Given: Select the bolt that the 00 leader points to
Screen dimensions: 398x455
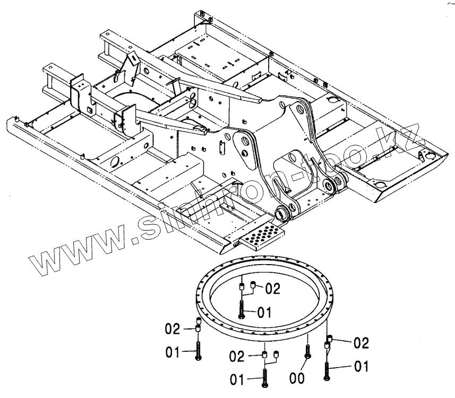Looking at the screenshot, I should [307, 351].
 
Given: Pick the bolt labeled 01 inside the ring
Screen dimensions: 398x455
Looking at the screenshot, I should [242, 309].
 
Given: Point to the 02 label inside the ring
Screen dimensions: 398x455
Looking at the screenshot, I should [272, 289].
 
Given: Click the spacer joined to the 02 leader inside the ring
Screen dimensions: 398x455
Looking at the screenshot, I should [253, 287].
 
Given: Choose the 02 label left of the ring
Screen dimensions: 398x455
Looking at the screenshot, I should [173, 329].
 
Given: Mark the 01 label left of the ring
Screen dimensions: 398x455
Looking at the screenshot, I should [173, 351].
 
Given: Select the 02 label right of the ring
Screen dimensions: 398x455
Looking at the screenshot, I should [361, 343].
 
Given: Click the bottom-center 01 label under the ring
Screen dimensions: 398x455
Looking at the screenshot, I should [237, 379].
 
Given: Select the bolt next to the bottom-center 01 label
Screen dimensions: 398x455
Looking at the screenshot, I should [264, 378].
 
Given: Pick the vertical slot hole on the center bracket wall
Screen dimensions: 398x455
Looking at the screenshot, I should [224, 143].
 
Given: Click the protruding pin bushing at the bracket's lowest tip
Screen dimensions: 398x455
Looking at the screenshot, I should [280, 214].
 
